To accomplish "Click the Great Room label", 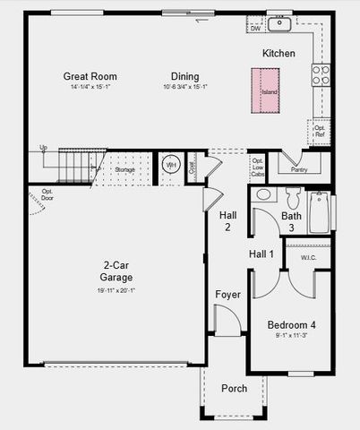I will pos(90,76).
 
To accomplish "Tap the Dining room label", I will pos(185,76).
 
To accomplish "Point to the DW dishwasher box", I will pos(255,29).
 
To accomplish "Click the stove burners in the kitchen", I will pos(320,75).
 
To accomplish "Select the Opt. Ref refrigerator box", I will pos(320,132).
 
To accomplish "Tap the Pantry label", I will pos(299,168).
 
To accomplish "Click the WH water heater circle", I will pos(171,166).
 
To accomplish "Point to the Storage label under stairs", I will pos(125,169).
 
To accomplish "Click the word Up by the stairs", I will pos(43,147).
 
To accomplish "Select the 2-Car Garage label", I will pos(116,271).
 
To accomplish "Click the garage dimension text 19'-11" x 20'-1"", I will pos(116,290).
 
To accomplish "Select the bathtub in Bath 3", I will pos(319,213).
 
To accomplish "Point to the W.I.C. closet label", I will pos(308,258).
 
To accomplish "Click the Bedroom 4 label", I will pos(291,324).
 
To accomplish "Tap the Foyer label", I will pos(227,295).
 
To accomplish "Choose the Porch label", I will pos(234,388).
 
